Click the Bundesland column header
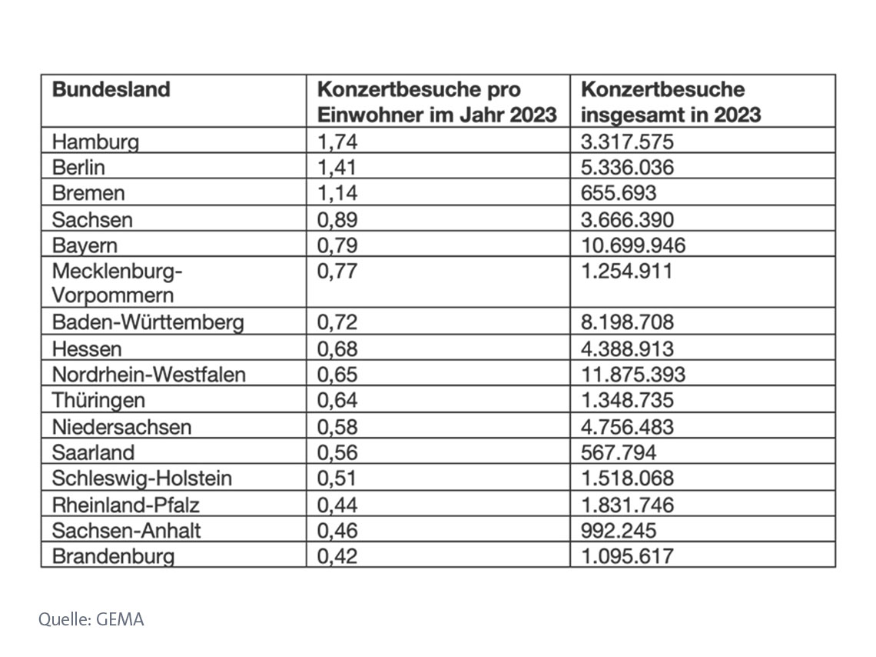point(111,89)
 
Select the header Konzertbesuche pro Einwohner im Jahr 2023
point(436,102)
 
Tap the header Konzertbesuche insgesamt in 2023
point(671,102)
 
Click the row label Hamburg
point(95,142)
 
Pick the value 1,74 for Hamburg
point(337,142)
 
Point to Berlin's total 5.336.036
point(628,167)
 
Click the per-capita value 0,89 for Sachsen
point(337,219)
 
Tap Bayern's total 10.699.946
point(633,245)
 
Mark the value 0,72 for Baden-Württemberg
point(337,322)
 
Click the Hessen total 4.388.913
point(628,349)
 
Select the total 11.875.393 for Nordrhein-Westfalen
point(633,375)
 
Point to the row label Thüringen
point(98,400)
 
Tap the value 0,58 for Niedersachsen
point(337,426)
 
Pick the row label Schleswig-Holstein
point(142,478)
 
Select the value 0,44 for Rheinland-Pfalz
point(337,504)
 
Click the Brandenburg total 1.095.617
point(628,555)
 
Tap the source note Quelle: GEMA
point(91,619)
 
